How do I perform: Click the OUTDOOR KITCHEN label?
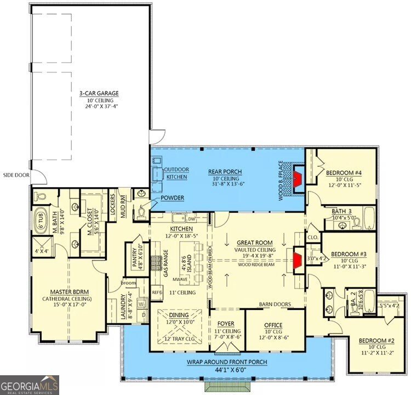click(x=176, y=173)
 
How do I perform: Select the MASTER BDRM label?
click(x=66, y=291)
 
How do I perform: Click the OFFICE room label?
click(x=272, y=325)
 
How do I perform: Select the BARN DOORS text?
click(x=275, y=304)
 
